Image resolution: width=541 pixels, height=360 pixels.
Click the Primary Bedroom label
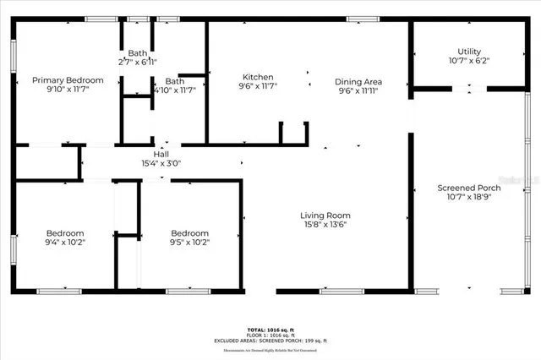[x=68, y=80]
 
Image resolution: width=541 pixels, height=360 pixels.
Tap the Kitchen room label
[x=258, y=76]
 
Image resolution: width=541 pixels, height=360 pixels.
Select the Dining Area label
[x=363, y=81]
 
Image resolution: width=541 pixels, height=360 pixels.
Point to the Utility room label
[x=469, y=52]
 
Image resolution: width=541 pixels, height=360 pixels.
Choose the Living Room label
[x=325, y=215]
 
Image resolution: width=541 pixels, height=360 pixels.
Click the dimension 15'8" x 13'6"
[x=325, y=224]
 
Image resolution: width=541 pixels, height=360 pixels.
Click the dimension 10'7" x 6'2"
[x=469, y=60]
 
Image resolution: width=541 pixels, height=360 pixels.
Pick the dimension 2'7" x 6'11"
[x=136, y=62]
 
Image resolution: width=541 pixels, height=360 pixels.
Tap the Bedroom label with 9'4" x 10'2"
[x=65, y=233]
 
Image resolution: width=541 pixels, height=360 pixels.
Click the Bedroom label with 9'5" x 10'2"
[x=190, y=233]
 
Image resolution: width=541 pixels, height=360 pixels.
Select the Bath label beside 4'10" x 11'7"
[x=175, y=81]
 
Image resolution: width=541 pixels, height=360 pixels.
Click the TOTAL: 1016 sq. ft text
[x=270, y=329]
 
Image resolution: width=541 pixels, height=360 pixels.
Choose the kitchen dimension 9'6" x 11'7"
[x=258, y=85]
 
